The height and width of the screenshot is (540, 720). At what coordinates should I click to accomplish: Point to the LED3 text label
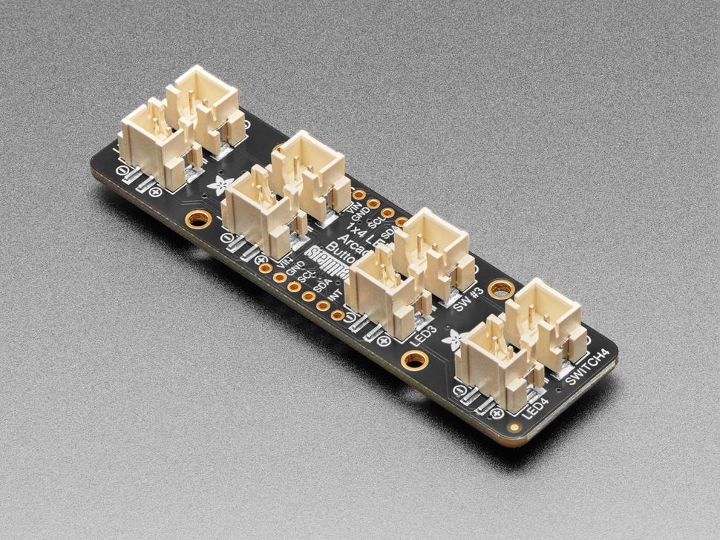click(x=425, y=333)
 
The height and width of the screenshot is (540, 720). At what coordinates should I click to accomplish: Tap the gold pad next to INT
click(x=338, y=315)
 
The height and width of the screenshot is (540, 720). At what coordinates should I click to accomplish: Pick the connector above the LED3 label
click(x=384, y=291)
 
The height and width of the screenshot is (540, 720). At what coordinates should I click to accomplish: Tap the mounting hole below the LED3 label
click(x=413, y=361)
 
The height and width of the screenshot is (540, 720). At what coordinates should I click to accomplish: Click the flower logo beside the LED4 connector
click(x=451, y=340)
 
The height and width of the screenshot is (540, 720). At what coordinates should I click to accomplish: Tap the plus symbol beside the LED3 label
click(x=384, y=341)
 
